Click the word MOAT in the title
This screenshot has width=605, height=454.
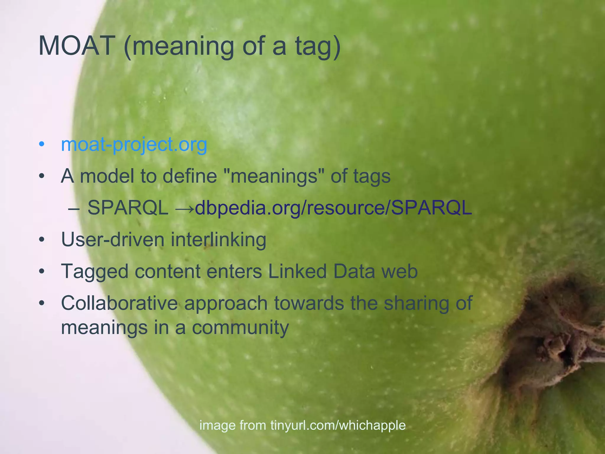(76, 46)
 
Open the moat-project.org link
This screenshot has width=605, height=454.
(134, 145)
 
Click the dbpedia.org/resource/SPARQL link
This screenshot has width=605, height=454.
(333, 208)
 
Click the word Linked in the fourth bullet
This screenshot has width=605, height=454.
(297, 271)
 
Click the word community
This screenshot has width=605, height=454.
(240, 328)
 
